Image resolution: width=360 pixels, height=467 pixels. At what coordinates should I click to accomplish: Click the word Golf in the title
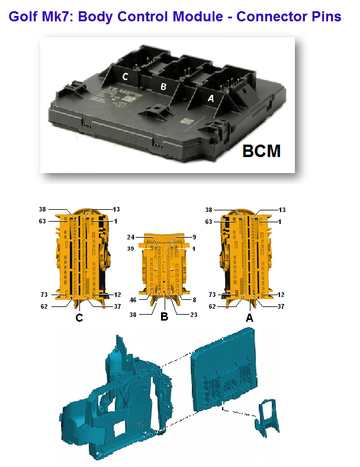[x=23, y=17]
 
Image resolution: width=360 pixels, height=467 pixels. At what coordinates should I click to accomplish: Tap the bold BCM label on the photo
[x=261, y=151]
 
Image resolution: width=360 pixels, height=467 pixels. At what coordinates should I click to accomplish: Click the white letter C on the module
[x=126, y=76]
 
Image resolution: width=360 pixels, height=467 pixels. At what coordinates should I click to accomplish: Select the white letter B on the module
[x=163, y=87]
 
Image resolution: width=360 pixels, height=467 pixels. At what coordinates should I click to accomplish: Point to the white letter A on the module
[x=211, y=98]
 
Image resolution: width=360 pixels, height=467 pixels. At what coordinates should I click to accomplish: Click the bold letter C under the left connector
[x=79, y=318]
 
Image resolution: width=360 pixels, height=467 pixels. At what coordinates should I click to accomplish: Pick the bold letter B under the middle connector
[x=164, y=316]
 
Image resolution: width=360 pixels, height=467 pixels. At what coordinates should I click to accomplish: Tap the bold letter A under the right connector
[x=249, y=318]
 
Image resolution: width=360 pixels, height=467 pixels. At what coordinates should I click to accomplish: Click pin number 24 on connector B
[x=131, y=237]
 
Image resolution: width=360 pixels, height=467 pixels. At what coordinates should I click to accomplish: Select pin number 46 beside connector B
[x=133, y=300]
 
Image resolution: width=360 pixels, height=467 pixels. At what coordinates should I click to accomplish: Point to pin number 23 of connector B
[x=194, y=315]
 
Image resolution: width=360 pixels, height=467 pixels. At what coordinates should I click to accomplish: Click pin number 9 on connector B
[x=194, y=237]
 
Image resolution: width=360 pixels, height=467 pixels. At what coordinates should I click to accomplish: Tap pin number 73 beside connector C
[x=44, y=295]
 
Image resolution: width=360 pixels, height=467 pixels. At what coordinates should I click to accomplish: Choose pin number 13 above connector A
[x=282, y=210]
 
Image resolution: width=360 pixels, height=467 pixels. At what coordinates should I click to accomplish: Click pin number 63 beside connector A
[x=208, y=222]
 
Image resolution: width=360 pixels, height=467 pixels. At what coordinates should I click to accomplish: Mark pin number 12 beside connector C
[x=117, y=295]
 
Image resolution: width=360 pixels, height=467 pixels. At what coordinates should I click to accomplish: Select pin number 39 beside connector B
[x=131, y=249]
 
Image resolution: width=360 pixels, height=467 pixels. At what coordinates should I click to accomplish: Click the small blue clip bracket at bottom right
[x=267, y=418]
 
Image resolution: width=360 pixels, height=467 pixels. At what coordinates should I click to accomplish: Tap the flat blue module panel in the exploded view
[x=224, y=369]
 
